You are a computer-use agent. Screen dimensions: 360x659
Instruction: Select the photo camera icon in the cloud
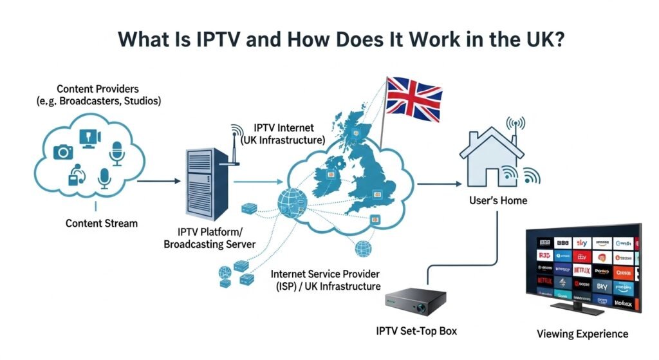[x=63, y=151]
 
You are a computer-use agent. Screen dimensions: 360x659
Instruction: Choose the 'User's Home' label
[x=497, y=200]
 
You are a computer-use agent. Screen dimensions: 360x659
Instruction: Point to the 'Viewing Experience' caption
[x=582, y=334]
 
